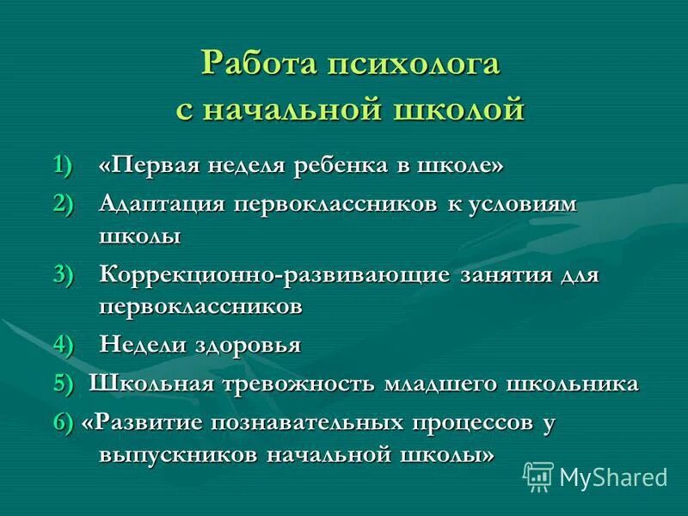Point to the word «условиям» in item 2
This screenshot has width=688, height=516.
click(x=523, y=205)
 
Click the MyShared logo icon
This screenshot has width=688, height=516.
click(x=537, y=476)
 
